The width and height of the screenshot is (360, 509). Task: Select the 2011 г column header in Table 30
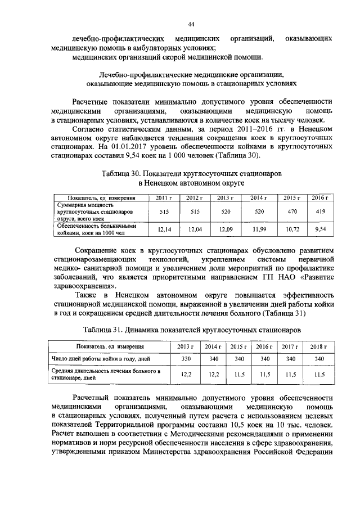click(164, 197)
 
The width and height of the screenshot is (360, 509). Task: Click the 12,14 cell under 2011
click(164, 229)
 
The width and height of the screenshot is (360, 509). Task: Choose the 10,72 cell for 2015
click(291, 229)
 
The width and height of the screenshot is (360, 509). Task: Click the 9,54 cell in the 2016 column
click(319, 229)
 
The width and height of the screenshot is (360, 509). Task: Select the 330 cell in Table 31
click(184, 359)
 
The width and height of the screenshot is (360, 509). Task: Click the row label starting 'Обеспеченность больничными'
click(93, 226)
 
